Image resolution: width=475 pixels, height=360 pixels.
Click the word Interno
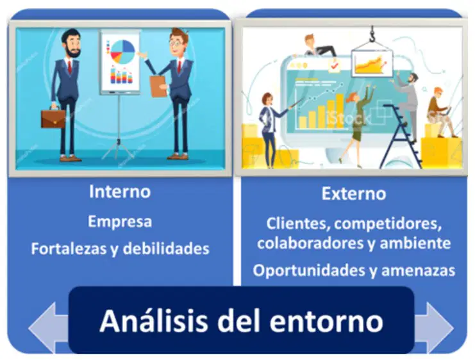[120, 192]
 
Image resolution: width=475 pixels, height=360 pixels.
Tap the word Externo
[354, 194]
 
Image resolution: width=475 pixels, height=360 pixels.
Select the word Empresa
[120, 222]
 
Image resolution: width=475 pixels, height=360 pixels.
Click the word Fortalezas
[69, 249]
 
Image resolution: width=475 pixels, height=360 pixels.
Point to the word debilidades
[166, 249]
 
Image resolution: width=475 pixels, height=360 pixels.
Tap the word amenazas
[418, 271]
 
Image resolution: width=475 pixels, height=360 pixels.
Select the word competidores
[388, 224]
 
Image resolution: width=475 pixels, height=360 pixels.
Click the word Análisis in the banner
[154, 320]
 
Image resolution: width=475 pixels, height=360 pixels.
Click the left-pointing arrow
[49, 328]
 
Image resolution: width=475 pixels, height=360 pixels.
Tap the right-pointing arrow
[434, 328]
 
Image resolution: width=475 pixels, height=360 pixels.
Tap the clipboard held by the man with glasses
[158, 86]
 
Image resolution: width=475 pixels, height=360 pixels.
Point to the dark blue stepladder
[401, 136]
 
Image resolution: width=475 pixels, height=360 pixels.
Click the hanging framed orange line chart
[371, 63]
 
